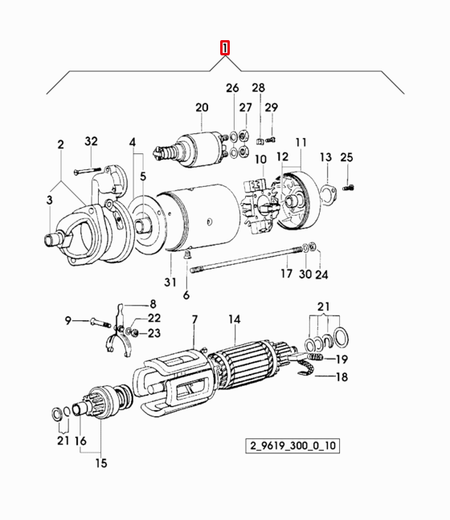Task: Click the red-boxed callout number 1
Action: click(x=225, y=48)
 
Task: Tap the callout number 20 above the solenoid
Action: click(x=202, y=108)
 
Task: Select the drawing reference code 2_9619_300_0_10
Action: click(x=292, y=445)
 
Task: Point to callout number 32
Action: click(x=91, y=141)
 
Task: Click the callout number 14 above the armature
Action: click(x=234, y=319)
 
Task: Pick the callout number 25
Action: click(x=346, y=156)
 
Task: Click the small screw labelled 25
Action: click(x=348, y=188)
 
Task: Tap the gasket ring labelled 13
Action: click(x=329, y=194)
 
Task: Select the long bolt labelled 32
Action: click(x=87, y=171)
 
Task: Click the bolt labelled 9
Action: click(x=100, y=323)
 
